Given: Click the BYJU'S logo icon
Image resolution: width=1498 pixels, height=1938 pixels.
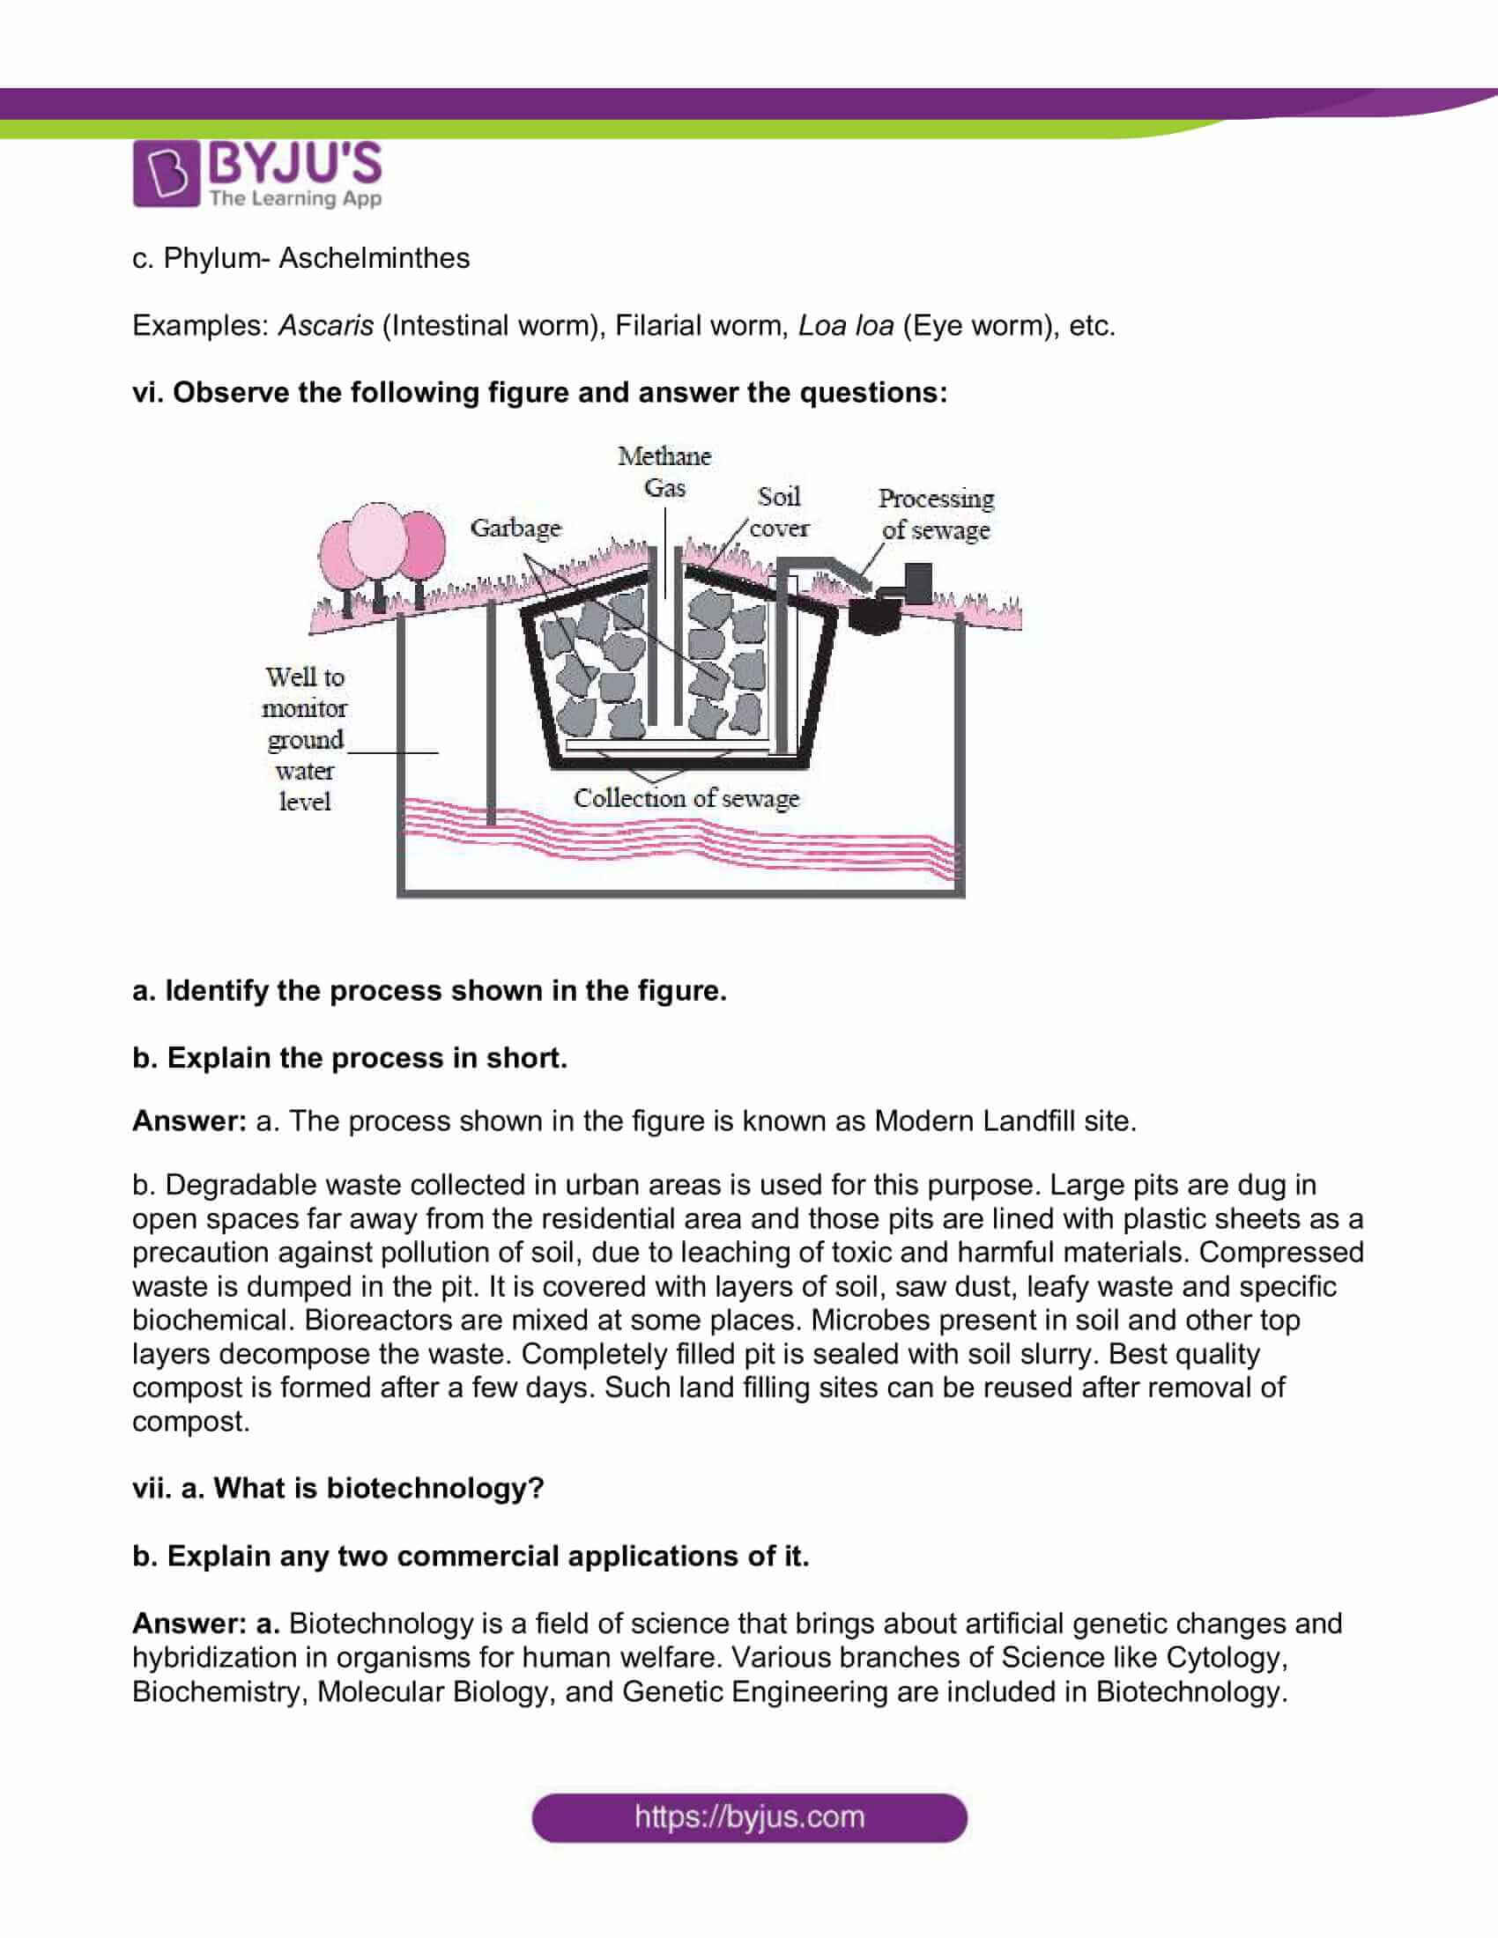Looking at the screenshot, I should coord(165,174).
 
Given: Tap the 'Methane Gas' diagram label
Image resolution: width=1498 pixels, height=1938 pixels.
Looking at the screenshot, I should coord(664,471).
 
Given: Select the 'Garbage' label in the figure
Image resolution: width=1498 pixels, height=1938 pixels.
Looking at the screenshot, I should coord(515,528).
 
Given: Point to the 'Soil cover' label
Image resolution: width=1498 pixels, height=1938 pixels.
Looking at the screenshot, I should coord(778,512).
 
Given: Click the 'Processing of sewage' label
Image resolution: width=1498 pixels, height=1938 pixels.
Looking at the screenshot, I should coord(936,514).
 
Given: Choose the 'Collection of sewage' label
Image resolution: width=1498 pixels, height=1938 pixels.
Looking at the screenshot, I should coord(686,798).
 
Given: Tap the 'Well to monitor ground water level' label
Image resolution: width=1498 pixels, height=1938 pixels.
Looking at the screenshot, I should coord(304,739).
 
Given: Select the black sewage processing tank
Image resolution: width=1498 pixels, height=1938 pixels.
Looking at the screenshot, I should coord(876,613).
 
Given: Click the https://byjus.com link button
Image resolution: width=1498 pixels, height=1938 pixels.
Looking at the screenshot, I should coord(749,1816).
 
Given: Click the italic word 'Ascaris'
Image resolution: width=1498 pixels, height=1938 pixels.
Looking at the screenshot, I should coord(326,326).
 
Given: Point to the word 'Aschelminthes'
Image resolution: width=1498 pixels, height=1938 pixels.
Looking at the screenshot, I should coord(374,258).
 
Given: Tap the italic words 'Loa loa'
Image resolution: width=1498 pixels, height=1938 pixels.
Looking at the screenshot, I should coord(846,326).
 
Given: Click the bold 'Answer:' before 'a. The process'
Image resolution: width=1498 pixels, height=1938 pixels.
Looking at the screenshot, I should coord(189,1121).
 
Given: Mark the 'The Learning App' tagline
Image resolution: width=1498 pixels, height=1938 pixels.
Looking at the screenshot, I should coord(295,198).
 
